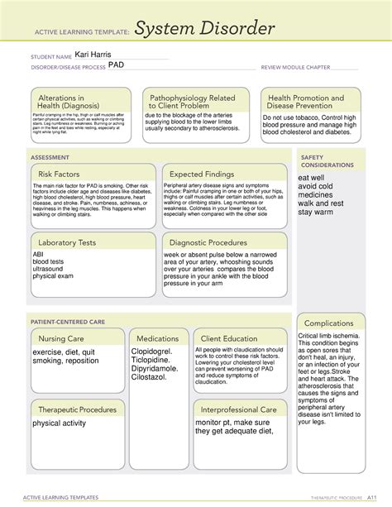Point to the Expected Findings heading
(203, 175)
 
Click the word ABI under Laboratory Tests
(38, 255)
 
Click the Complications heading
(328, 323)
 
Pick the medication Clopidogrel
(156, 351)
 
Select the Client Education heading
(227, 338)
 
